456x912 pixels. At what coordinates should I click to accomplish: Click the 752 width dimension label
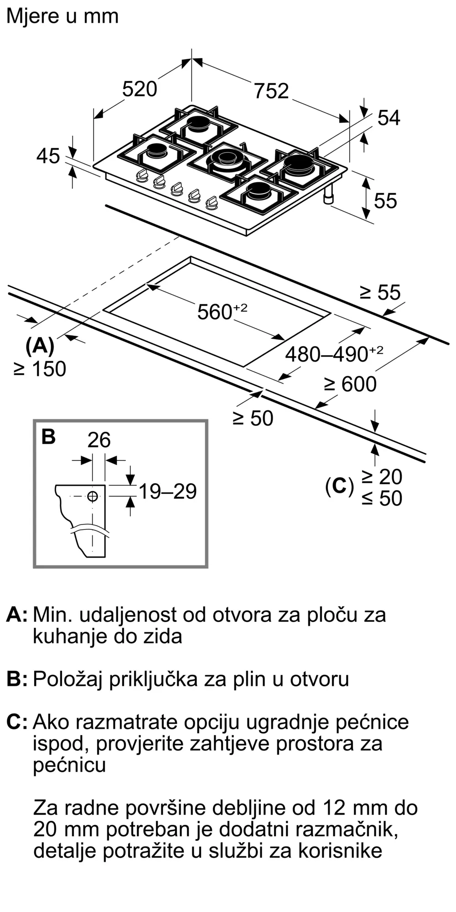click(x=271, y=91)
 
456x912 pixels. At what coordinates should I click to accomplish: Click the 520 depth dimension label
click(x=140, y=88)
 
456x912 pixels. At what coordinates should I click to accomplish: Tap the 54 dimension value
click(x=389, y=118)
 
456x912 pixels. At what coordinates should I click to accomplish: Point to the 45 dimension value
click(x=48, y=156)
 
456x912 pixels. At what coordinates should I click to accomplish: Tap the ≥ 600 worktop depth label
click(x=350, y=384)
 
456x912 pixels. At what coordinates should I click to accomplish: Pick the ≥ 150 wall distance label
click(x=40, y=369)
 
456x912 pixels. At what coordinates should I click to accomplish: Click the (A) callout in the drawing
click(x=40, y=346)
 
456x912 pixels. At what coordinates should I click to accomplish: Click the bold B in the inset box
click(x=48, y=436)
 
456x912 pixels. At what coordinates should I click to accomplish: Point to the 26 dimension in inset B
click(x=99, y=440)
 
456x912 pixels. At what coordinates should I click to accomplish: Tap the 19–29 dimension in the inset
click(x=167, y=491)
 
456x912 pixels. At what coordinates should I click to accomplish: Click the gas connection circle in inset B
click(x=93, y=496)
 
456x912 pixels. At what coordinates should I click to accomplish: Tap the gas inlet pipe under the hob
click(x=329, y=195)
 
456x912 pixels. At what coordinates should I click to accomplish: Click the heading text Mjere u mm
click(x=62, y=16)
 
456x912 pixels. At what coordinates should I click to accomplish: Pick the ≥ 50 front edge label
click(x=253, y=418)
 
